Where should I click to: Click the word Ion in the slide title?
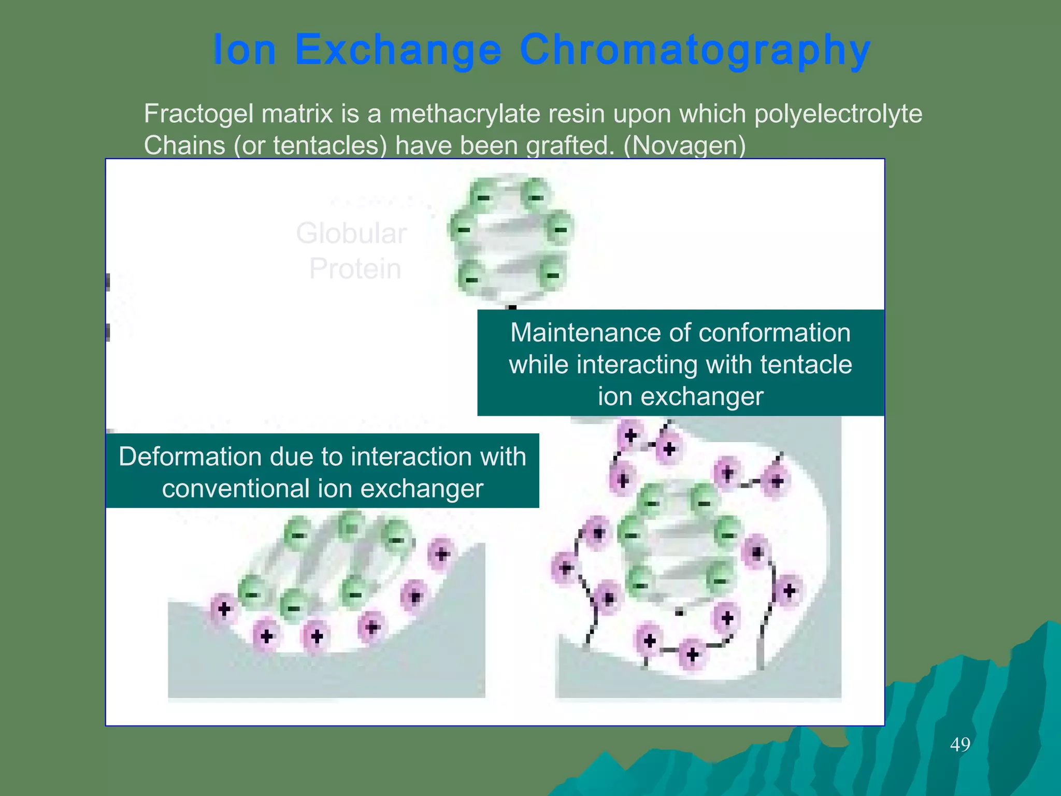pyautogui.click(x=244, y=50)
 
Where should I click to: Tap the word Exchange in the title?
pyautogui.click(x=398, y=50)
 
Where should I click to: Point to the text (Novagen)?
pyautogui.click(x=684, y=146)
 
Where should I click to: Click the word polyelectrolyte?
pyautogui.click(x=838, y=114)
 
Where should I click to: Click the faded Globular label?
pyautogui.click(x=351, y=233)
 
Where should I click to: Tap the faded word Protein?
pyautogui.click(x=355, y=268)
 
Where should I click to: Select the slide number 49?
pyautogui.click(x=960, y=745)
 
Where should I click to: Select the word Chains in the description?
pyautogui.click(x=184, y=146)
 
